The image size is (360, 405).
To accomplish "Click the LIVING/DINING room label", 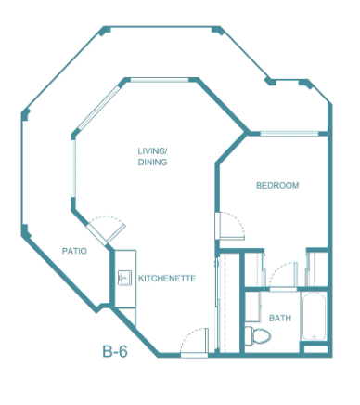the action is [152, 157].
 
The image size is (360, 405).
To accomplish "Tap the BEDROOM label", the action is [277, 185].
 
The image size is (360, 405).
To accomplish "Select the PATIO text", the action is [74, 251].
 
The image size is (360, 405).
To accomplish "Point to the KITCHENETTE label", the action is [167, 278].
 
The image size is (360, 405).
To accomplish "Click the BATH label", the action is [280, 318].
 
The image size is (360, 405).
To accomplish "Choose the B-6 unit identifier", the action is [115, 351].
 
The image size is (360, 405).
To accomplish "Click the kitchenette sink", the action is [124, 278].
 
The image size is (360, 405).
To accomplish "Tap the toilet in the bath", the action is [258, 335].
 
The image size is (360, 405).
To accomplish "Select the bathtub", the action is [314, 316].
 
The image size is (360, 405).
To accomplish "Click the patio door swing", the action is [107, 229].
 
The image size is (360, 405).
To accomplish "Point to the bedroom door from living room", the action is [229, 226].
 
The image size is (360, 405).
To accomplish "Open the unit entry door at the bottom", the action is [195, 343].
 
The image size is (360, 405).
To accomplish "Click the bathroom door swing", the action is [283, 277].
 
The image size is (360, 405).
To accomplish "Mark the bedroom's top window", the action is [289, 134].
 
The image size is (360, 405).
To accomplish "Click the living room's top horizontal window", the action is [160, 80].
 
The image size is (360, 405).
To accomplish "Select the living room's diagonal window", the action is [98, 108].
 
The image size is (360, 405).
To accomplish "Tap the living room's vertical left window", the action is [73, 168].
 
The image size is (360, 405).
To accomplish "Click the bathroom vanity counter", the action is [252, 307].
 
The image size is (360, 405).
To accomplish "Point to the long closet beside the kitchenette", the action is [229, 303].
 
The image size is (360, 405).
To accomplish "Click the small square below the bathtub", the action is [315, 349].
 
